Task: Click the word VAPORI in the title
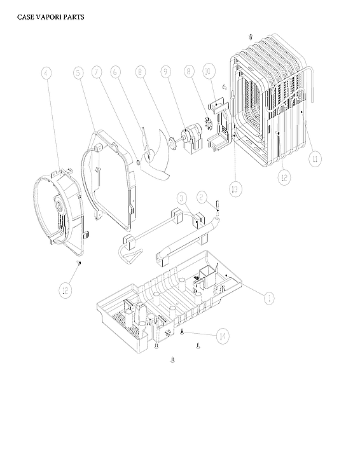[x=50, y=17]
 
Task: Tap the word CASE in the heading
[x=27, y=17]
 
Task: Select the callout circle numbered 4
[x=46, y=73]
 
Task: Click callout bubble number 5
[x=78, y=73]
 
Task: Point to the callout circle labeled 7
[x=97, y=73]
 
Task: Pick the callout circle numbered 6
[x=116, y=73]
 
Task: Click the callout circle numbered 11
[x=313, y=158]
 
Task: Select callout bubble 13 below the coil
[x=235, y=188]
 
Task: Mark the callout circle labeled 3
[x=181, y=199]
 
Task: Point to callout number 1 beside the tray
[x=268, y=297]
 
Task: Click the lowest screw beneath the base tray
[x=172, y=360]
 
